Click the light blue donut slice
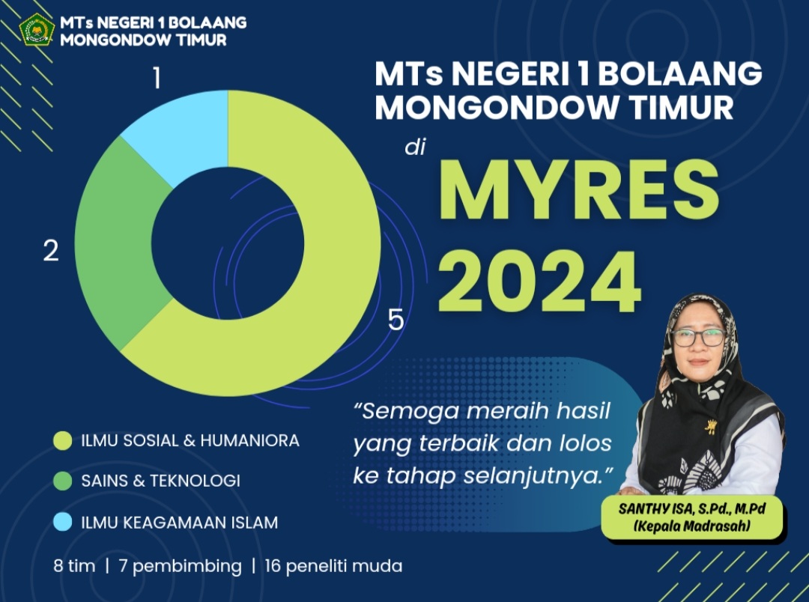coord(184,133)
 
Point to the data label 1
coord(157,79)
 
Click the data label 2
coord(51,252)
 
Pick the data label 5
coord(396,320)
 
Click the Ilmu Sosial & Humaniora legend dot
coord(62,440)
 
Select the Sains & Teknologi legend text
coord(160,481)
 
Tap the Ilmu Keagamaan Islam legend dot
coord(62,522)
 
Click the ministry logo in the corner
coord(37,30)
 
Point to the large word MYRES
coord(579,190)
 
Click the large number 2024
coord(539,282)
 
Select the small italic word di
coord(415,147)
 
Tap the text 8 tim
coord(74,566)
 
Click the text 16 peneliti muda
coord(333,566)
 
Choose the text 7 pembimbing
coord(180,566)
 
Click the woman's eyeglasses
coord(699,338)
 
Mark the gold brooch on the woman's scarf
coord(712,427)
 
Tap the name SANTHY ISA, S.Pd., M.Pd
coord(692,508)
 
